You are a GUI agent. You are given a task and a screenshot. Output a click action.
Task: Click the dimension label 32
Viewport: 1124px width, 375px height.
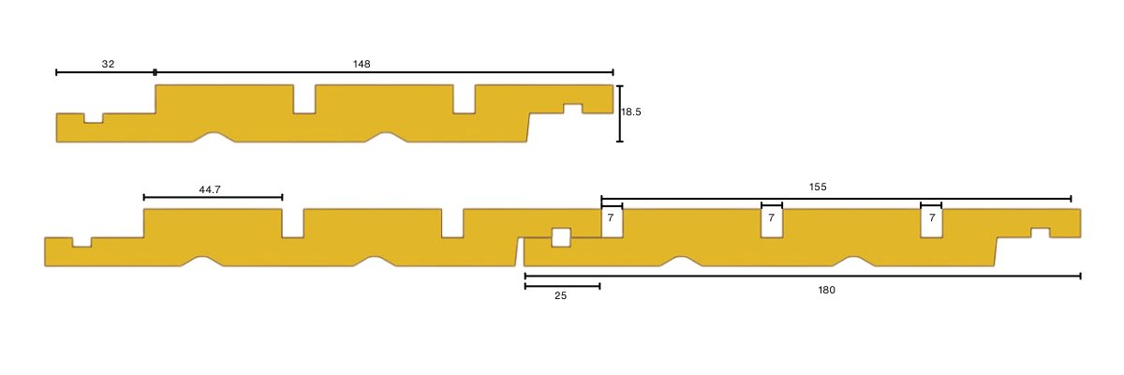tap(108, 64)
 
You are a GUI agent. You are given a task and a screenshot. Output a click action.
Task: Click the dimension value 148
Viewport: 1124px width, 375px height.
tap(362, 64)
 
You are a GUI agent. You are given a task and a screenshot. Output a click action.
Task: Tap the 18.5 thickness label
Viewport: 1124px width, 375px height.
tap(631, 112)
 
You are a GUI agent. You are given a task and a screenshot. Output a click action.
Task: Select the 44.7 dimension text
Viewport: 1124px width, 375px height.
tap(210, 189)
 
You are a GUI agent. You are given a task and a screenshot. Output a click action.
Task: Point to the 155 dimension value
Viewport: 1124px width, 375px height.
tap(818, 187)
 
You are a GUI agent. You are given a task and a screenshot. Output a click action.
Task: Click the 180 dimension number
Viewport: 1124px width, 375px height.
tap(826, 290)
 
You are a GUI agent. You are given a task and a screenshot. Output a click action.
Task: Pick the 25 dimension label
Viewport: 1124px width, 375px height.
tap(560, 295)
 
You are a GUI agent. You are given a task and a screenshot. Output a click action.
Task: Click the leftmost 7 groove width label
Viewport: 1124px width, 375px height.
tap(611, 217)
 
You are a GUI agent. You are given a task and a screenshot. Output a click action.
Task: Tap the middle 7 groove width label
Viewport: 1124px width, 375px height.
tap(771, 217)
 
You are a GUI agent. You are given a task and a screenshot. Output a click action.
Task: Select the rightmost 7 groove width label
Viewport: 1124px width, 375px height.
tap(932, 217)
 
